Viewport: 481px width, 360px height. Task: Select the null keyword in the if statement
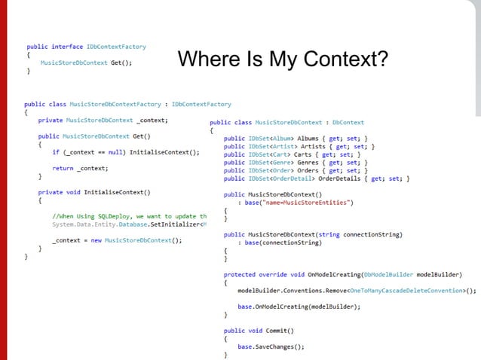click(x=103, y=151)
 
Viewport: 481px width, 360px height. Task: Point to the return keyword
click(x=63, y=168)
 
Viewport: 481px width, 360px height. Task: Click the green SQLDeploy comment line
click(x=129, y=216)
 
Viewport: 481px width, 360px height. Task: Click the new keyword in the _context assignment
click(x=95, y=240)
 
